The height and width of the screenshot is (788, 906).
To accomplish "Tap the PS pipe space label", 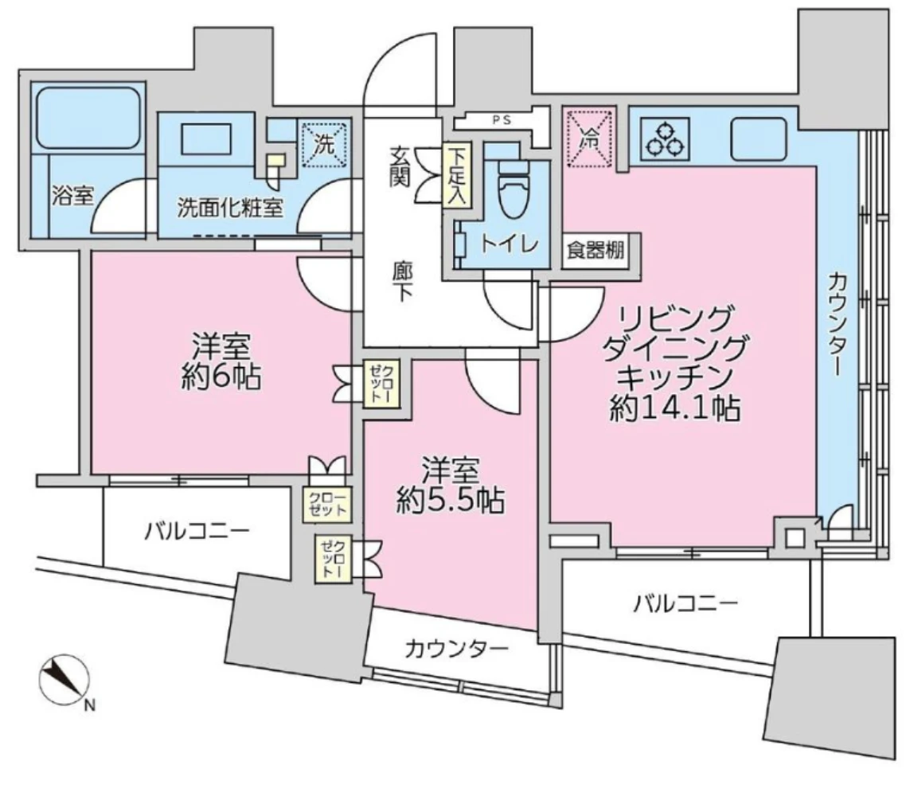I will click(x=502, y=121).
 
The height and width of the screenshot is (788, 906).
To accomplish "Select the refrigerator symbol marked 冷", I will click(x=590, y=138).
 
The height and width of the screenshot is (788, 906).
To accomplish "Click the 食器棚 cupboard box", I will click(x=593, y=251).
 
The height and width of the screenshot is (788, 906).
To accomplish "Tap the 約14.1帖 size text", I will click(x=675, y=409).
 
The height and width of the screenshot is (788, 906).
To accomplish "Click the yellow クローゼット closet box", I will click(x=322, y=503).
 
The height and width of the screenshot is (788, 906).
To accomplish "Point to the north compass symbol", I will click(x=62, y=679).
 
